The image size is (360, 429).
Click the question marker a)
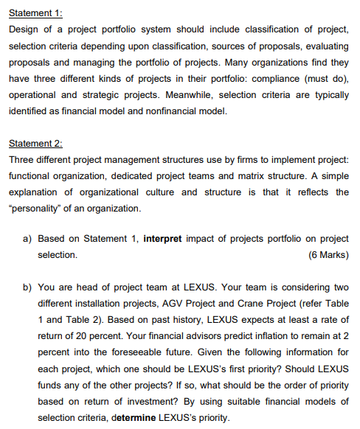[x=25, y=239]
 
